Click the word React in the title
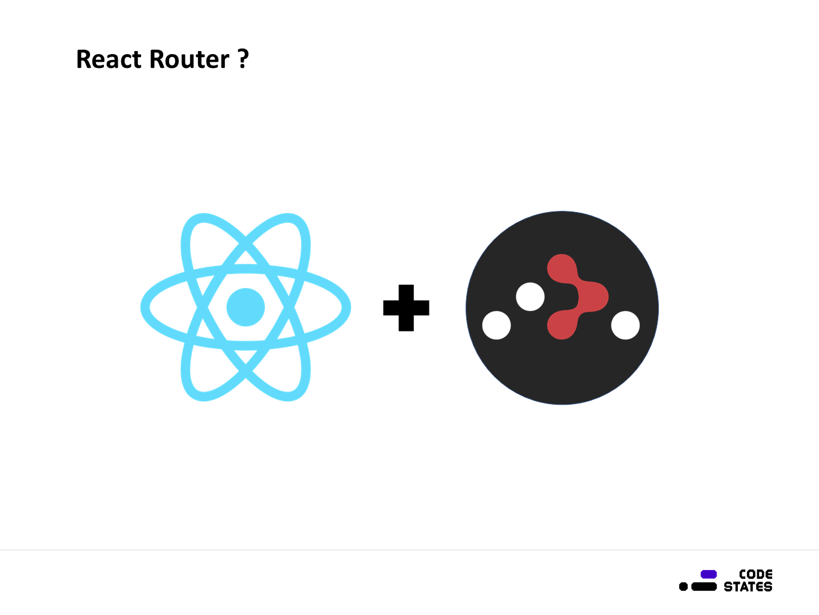(x=110, y=59)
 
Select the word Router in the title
(x=189, y=59)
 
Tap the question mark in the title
(x=243, y=59)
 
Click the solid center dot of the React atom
(x=245, y=307)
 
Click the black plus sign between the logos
(x=406, y=307)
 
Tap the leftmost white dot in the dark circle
(x=496, y=325)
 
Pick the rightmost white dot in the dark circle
(x=625, y=325)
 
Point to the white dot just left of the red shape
(x=530, y=297)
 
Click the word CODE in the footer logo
(x=755, y=574)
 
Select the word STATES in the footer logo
(x=748, y=587)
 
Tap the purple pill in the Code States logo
(x=709, y=574)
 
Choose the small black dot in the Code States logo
(x=683, y=586)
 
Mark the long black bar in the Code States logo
(x=704, y=586)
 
